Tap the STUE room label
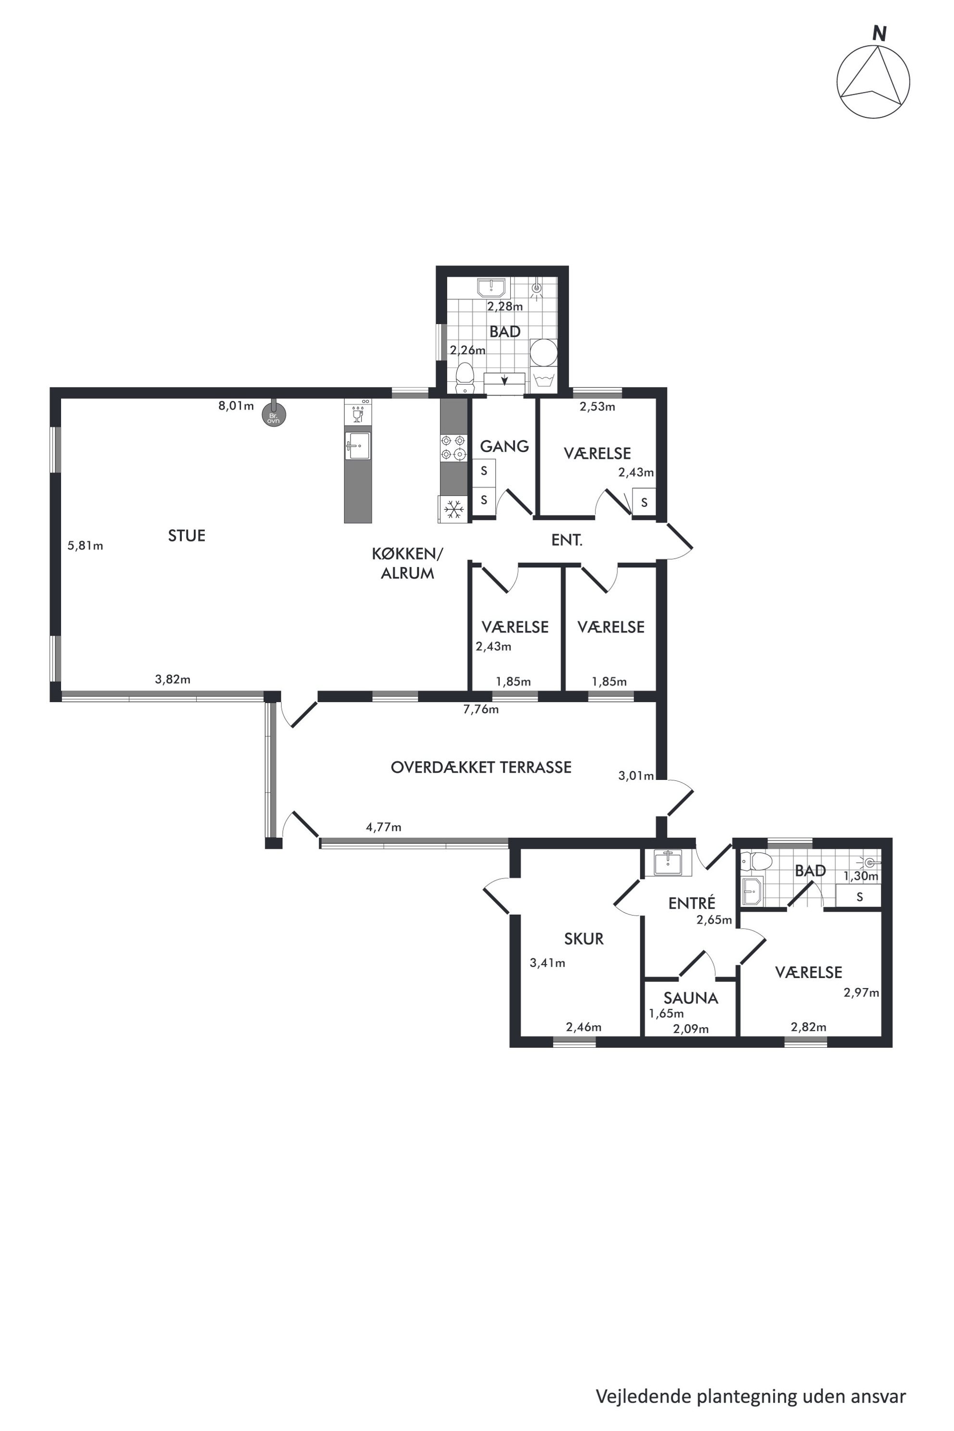[187, 535]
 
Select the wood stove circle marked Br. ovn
[274, 416]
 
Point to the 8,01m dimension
[236, 406]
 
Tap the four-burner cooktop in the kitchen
[454, 447]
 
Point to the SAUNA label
[690, 998]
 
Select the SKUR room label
[584, 939]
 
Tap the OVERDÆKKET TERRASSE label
[481, 767]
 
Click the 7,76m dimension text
[481, 709]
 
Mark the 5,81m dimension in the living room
[85, 546]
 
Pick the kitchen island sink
[358, 446]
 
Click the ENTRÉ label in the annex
[692, 903]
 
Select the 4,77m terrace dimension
[383, 827]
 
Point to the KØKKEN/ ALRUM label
[408, 564]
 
